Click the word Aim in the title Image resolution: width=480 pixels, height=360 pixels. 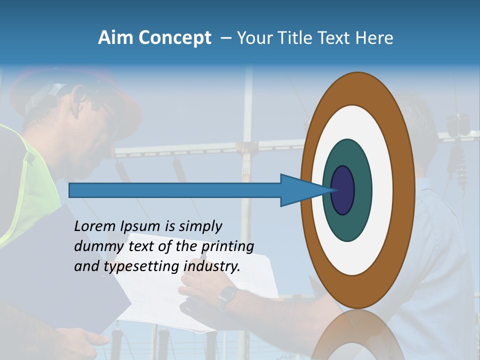pos(115,38)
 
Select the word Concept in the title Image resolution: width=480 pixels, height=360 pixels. pos(175,38)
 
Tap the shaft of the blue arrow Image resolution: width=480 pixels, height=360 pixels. pos(175,190)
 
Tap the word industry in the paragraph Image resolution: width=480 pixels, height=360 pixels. pos(212,266)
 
